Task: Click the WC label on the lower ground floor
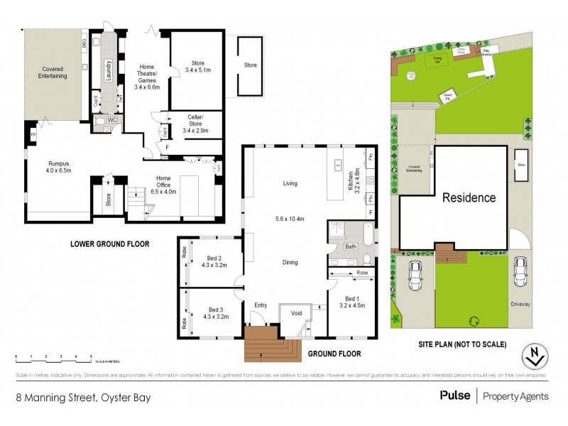coord(111,121)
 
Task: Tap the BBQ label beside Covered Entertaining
coord(84,44)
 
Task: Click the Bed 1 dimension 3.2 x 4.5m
coord(351,307)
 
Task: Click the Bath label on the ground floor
coord(350,246)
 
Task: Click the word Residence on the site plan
coord(469,197)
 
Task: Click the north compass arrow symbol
coord(532,354)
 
